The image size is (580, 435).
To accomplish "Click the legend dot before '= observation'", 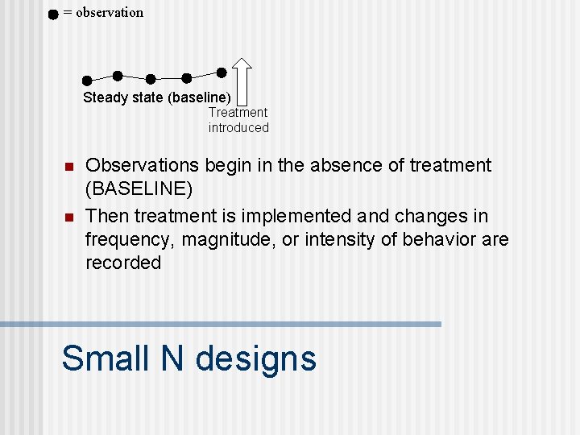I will click(x=52, y=14).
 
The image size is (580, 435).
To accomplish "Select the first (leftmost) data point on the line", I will click(x=87, y=80).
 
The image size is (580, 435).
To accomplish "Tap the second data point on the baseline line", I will click(x=118, y=76).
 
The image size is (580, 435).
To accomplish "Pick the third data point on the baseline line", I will click(x=151, y=79).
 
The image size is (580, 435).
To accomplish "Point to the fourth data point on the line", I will click(x=187, y=78).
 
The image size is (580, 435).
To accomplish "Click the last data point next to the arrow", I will click(x=222, y=72).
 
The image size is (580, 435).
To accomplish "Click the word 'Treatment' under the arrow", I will click(x=238, y=113).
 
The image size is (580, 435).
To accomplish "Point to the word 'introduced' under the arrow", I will click(x=238, y=127).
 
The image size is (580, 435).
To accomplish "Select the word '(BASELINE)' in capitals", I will click(x=139, y=189).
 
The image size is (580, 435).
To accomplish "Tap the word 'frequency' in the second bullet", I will click(x=129, y=240).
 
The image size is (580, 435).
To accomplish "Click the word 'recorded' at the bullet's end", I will click(x=123, y=263).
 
